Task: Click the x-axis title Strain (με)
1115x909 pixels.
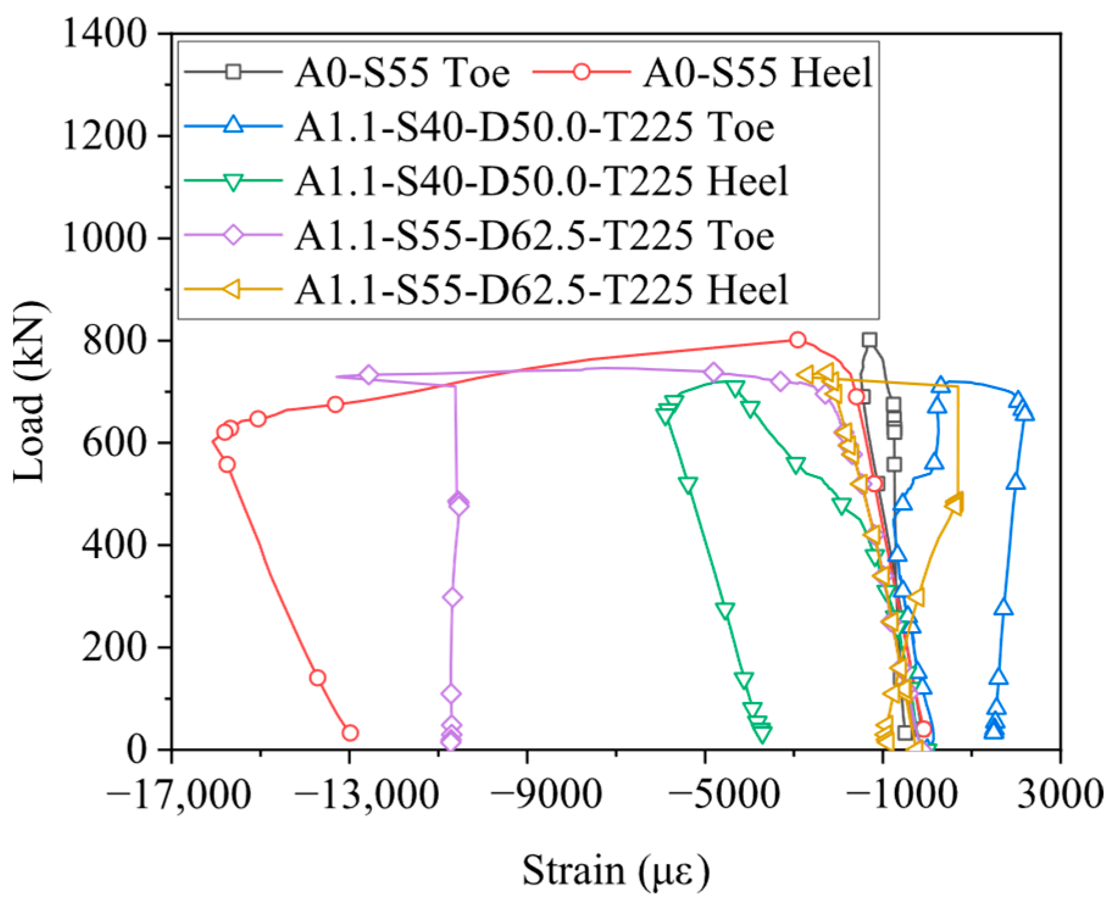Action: click(x=616, y=871)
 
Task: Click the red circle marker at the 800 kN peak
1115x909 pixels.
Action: click(x=797, y=340)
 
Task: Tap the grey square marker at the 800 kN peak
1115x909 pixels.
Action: click(x=869, y=340)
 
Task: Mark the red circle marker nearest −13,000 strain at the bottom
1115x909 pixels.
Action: click(x=350, y=732)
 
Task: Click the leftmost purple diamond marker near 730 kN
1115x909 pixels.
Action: click(x=368, y=375)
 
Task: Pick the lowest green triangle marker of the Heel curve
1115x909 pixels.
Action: click(x=762, y=734)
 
